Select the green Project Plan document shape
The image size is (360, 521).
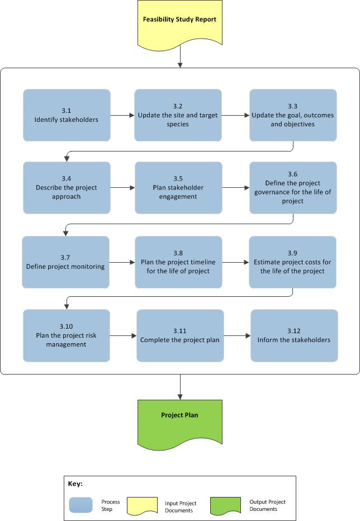pyautogui.click(x=179, y=421)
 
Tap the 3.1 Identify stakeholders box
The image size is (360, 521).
pyautogui.click(x=67, y=115)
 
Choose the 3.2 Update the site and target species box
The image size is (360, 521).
pyautogui.click(x=178, y=115)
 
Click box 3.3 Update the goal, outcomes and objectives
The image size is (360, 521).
pyautogui.click(x=293, y=115)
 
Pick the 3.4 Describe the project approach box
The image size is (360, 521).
pyautogui.click(x=67, y=188)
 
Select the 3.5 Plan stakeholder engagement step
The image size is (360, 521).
pyautogui.click(x=178, y=188)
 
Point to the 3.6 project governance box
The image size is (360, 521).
pyautogui.click(x=293, y=188)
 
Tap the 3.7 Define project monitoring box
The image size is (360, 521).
pyautogui.click(x=65, y=262)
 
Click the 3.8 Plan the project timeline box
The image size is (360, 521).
pyautogui.click(x=178, y=262)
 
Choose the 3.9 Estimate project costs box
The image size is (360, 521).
pyautogui.click(x=292, y=262)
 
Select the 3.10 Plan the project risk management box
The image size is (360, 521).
pyautogui.click(x=67, y=335)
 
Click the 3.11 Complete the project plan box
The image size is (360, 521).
pyautogui.click(x=180, y=335)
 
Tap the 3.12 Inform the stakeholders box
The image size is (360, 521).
pyautogui.click(x=294, y=335)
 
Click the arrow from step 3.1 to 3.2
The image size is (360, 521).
pyautogui.click(x=122, y=116)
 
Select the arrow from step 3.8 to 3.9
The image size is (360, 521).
pyautogui.click(x=235, y=262)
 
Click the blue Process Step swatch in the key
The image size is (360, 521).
pyautogui.click(x=81, y=505)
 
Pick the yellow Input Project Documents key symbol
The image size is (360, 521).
pyautogui.click(x=143, y=505)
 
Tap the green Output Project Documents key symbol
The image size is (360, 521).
pyautogui.click(x=225, y=505)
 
